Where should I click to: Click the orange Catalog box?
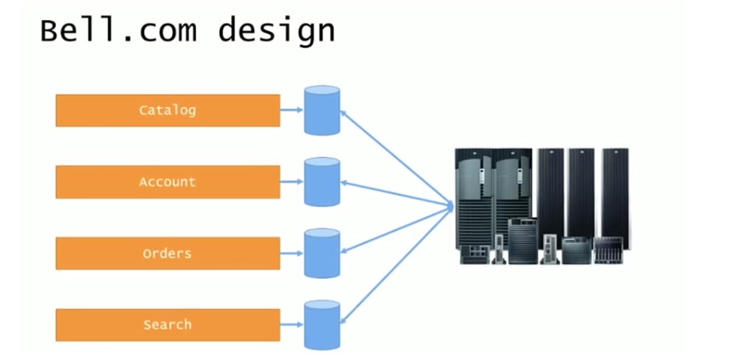[x=168, y=111]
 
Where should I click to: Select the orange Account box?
[x=168, y=181]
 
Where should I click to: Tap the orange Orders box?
[x=168, y=253]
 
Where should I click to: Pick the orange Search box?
[x=168, y=325]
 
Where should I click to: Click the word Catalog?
[x=168, y=111]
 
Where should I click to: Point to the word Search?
[x=168, y=325]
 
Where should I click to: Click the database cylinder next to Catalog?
[x=322, y=111]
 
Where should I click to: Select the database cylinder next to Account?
[x=322, y=181]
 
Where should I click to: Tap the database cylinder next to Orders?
[x=322, y=253]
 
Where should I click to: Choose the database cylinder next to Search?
[x=322, y=325]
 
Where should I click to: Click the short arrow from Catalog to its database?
[x=292, y=111]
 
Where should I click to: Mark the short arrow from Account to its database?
[x=292, y=181]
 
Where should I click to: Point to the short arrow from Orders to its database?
[x=292, y=253]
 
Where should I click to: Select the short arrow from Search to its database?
[x=292, y=325]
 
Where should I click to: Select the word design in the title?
[x=277, y=32]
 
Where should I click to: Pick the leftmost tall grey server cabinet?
[x=472, y=192]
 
